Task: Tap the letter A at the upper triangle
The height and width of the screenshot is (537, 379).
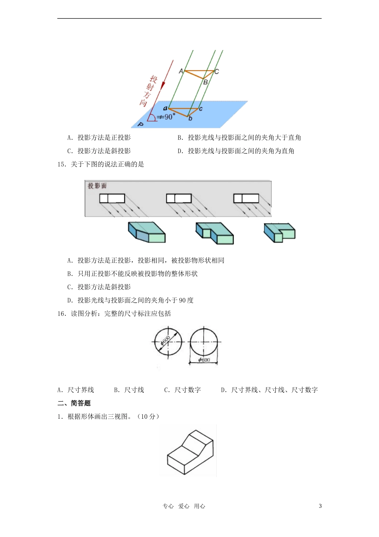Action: (x=181, y=71)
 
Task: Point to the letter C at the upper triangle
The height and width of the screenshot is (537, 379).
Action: (x=217, y=72)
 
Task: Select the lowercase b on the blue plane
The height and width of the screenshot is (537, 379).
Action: (x=190, y=118)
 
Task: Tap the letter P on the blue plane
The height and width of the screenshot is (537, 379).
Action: (x=140, y=124)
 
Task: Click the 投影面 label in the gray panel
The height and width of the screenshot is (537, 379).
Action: (x=97, y=186)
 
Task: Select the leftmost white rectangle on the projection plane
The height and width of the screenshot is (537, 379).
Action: (x=112, y=198)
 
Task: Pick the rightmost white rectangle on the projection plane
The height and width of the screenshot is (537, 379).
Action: (x=246, y=198)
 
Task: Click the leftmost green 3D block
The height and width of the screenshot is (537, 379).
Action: (x=146, y=232)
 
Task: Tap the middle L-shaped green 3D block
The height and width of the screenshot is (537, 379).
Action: (x=215, y=233)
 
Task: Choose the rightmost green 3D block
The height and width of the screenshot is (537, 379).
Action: (x=279, y=232)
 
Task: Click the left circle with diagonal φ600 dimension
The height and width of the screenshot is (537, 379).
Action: (x=168, y=342)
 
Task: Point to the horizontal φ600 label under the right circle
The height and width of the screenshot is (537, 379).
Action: (x=204, y=360)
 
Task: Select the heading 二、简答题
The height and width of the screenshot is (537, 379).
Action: (x=74, y=403)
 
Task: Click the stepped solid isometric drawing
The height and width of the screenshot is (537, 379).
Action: (x=190, y=452)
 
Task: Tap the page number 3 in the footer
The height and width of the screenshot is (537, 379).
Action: (x=320, y=506)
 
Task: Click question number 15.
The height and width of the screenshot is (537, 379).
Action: (x=61, y=164)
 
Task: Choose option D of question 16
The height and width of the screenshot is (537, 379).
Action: (x=270, y=390)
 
